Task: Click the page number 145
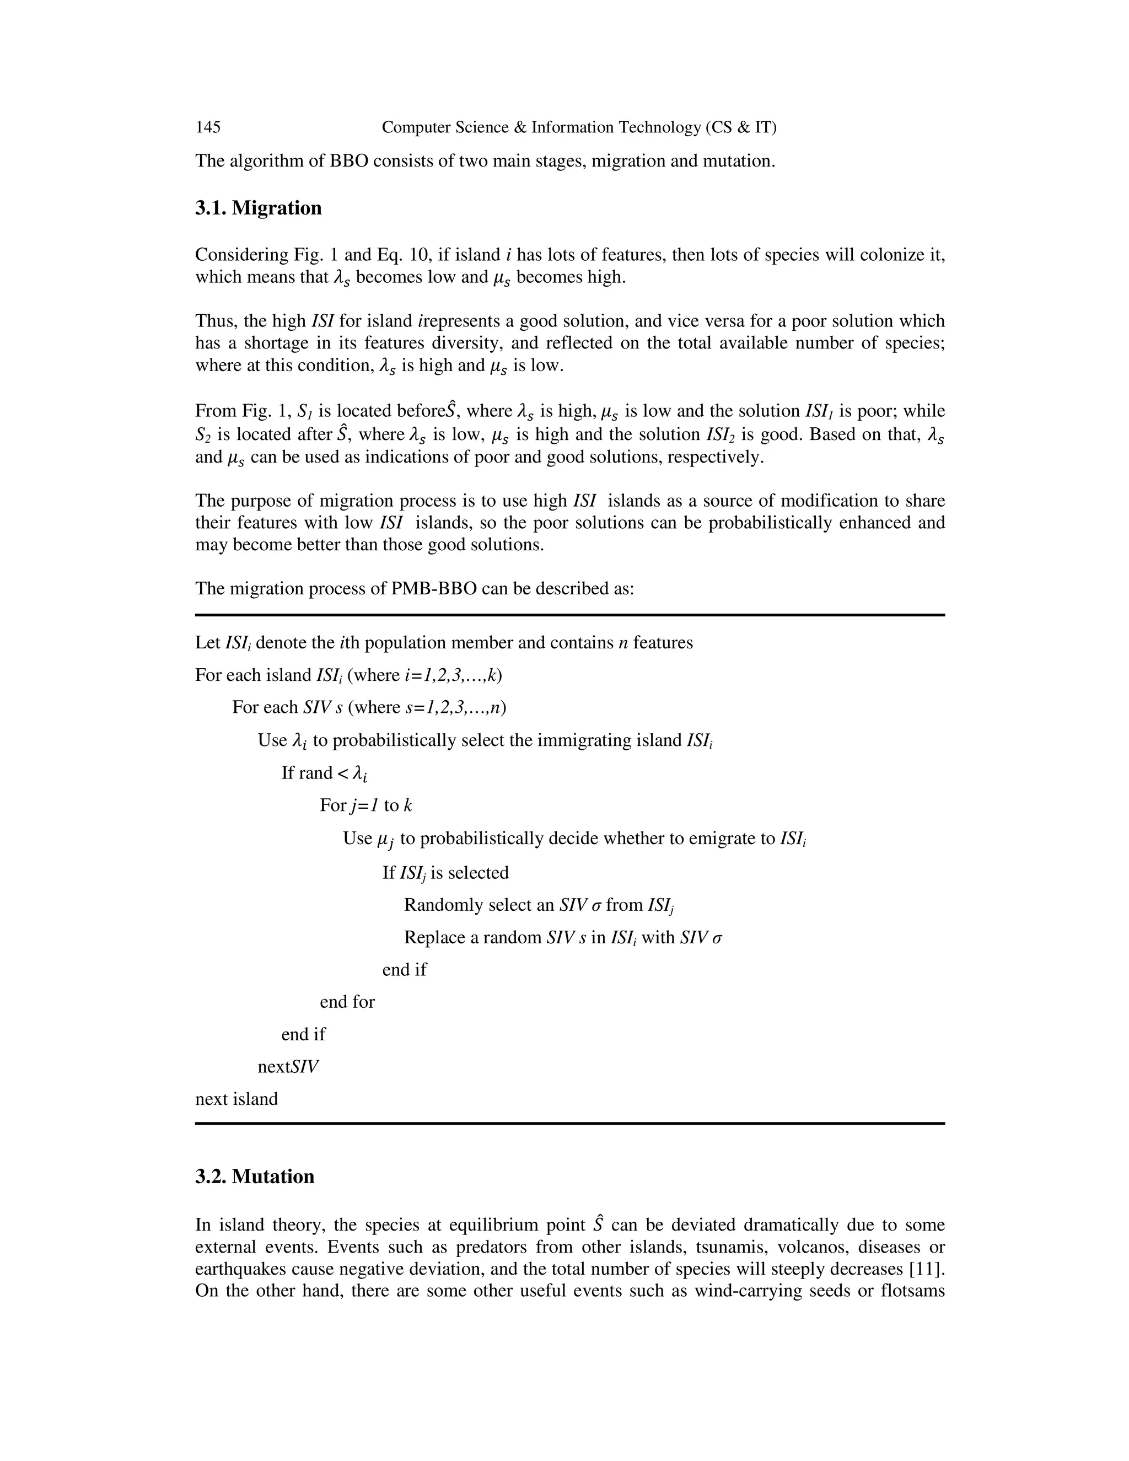[x=208, y=127]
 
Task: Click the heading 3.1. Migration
[x=258, y=208]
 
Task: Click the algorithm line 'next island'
[x=236, y=1099]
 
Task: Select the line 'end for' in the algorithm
[x=347, y=1001]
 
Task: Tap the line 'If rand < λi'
[x=324, y=774]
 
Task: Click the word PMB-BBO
[x=432, y=589]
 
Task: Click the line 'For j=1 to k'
[x=366, y=805]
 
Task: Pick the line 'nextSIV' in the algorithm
[x=288, y=1067]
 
